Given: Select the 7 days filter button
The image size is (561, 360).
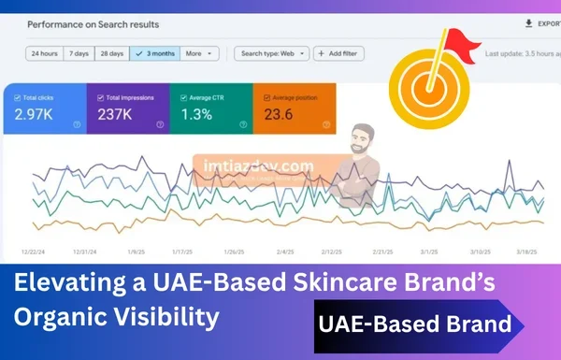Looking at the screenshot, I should click(x=79, y=53).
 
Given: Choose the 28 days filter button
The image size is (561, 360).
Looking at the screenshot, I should click(x=111, y=53).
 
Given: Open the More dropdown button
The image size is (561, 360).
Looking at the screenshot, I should click(x=197, y=53).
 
